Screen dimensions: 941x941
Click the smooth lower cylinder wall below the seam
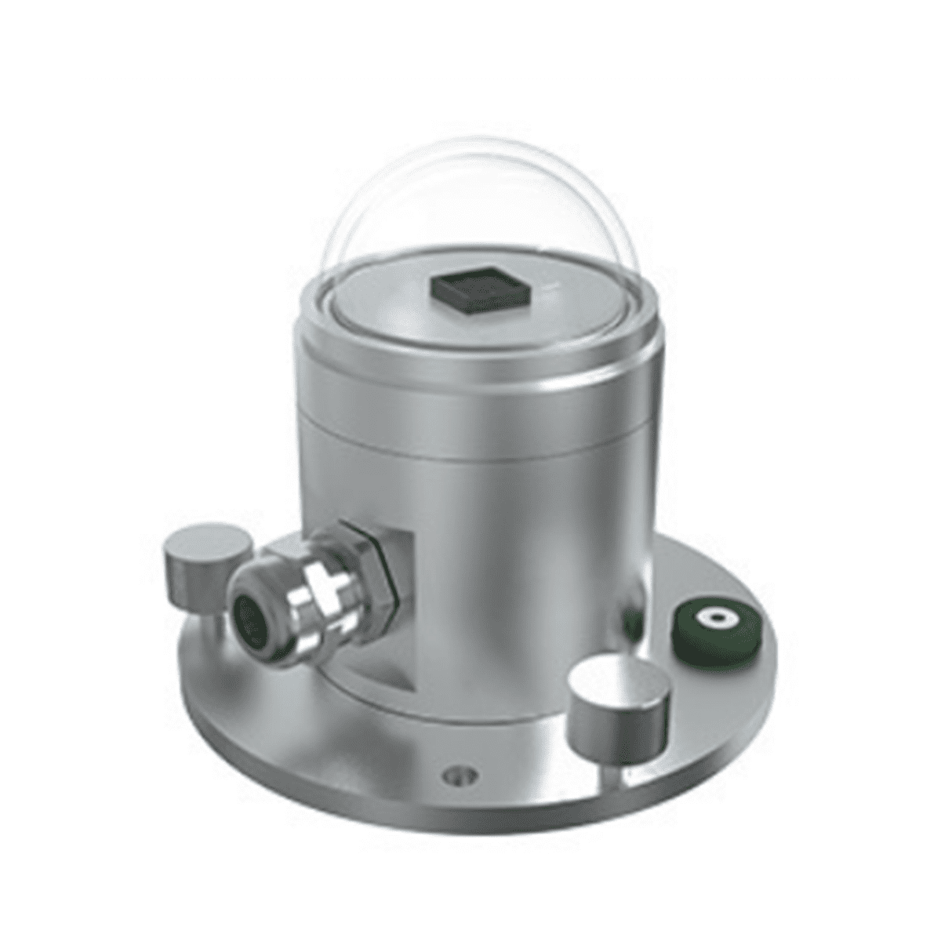(510, 549)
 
